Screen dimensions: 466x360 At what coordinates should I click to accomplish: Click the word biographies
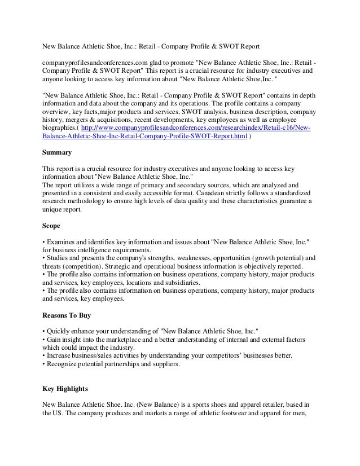coord(63,128)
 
